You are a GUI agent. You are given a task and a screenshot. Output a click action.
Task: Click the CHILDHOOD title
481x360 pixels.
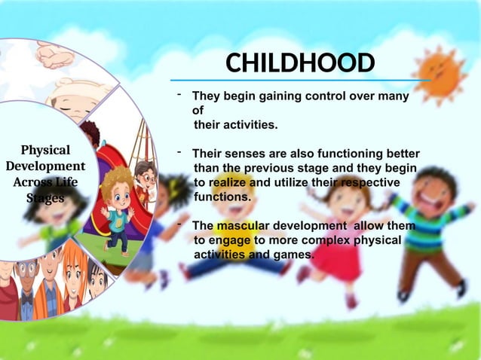[x=300, y=63]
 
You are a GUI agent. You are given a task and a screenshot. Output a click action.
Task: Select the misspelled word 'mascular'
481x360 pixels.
[x=242, y=226]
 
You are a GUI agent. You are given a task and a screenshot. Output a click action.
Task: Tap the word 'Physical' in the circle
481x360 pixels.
[x=45, y=150]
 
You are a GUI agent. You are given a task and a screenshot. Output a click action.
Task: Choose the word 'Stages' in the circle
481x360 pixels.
[x=45, y=198]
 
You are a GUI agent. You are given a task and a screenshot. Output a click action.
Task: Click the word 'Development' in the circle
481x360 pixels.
[x=45, y=166]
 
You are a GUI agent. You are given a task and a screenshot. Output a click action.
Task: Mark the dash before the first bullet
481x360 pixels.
[x=179, y=94]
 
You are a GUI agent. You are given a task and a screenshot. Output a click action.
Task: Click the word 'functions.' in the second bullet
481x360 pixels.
[x=222, y=197]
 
